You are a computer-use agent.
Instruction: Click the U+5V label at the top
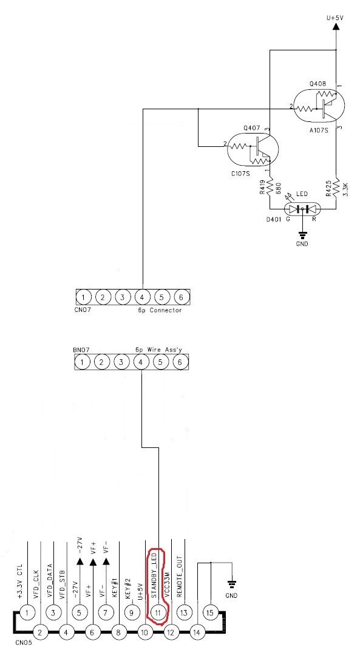pos(335,18)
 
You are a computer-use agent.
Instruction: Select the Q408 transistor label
pos(317,83)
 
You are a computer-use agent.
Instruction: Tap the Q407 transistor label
pos(251,128)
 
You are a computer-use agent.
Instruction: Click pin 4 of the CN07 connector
pos(142,297)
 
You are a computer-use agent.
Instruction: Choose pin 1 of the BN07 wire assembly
pos(84,362)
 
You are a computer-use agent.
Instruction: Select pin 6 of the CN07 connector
pos(180,297)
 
